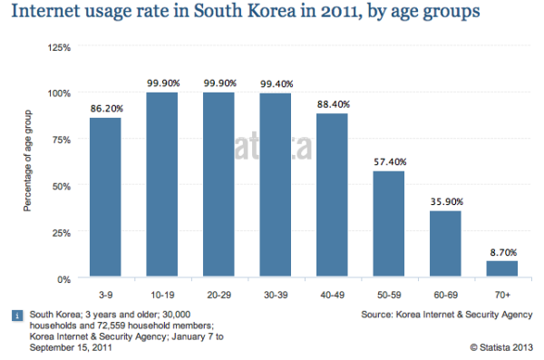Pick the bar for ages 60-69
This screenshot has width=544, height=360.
coord(444,244)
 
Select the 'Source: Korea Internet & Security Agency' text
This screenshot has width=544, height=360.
coord(442,314)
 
